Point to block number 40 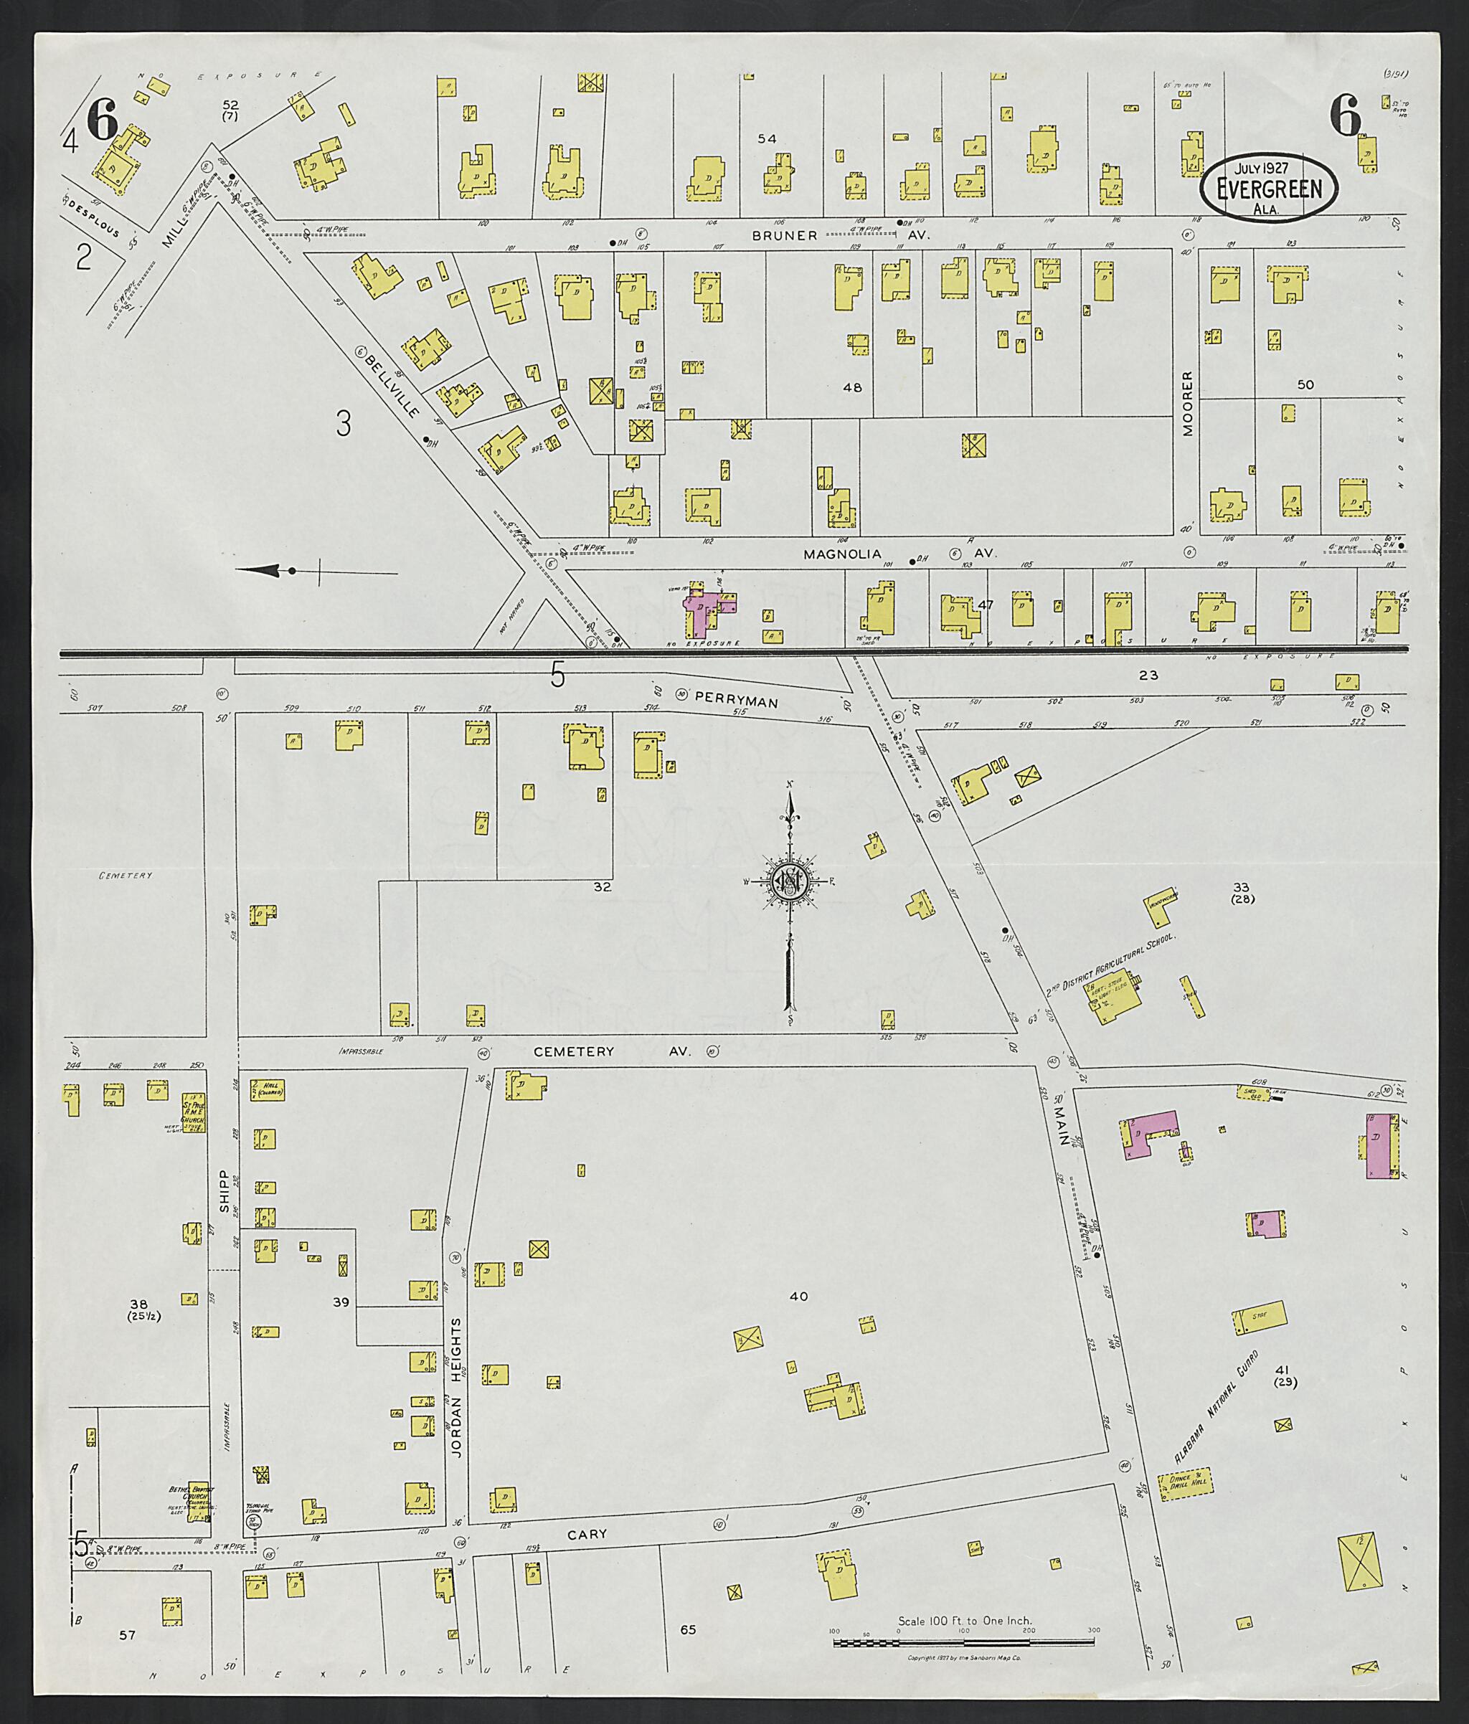(x=799, y=1297)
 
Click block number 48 (x=852, y=388)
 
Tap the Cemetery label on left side (x=125, y=876)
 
